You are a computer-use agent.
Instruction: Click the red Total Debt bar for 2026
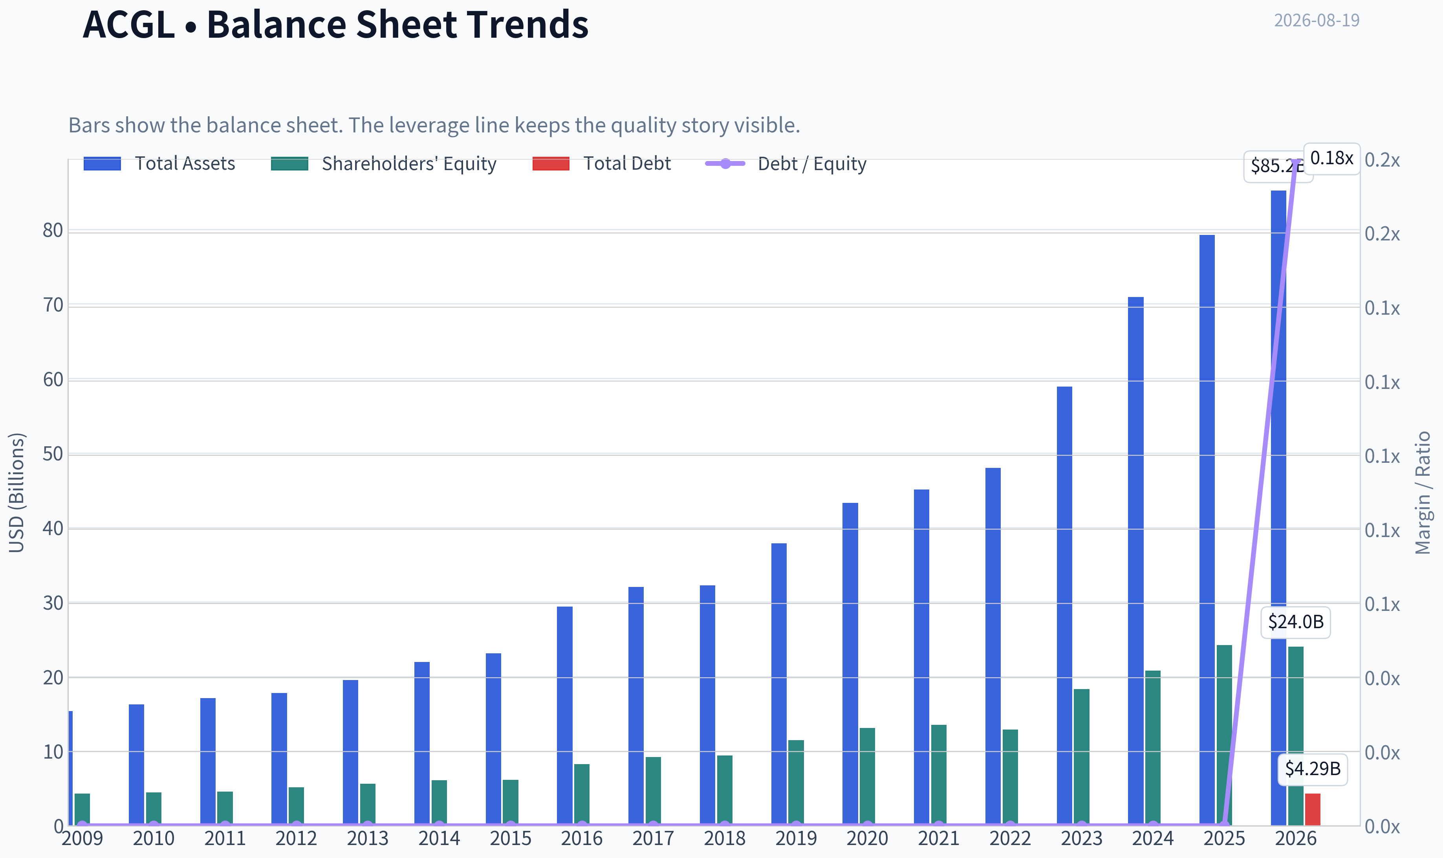pyautogui.click(x=1312, y=809)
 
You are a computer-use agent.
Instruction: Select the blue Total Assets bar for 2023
pyautogui.click(x=1064, y=606)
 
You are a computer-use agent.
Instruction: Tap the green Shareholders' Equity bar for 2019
pyautogui.click(x=796, y=783)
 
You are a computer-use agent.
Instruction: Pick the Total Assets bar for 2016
pyautogui.click(x=565, y=716)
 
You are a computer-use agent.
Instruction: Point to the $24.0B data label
pyautogui.click(x=1296, y=622)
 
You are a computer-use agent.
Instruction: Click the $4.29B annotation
pyautogui.click(x=1312, y=769)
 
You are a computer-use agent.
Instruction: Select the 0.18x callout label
pyautogui.click(x=1331, y=158)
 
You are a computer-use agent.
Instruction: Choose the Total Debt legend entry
pyautogui.click(x=602, y=163)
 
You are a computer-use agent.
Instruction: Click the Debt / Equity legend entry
pyautogui.click(x=786, y=163)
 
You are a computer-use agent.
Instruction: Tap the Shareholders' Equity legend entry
pyautogui.click(x=384, y=163)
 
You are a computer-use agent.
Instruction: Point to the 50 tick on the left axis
pyautogui.click(x=53, y=455)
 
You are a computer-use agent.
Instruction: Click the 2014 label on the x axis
pyautogui.click(x=439, y=838)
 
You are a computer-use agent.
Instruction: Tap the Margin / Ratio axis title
pyautogui.click(x=1423, y=493)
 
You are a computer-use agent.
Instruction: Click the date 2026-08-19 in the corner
pyautogui.click(x=1317, y=20)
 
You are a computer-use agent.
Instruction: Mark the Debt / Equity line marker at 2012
pyautogui.click(x=297, y=825)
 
